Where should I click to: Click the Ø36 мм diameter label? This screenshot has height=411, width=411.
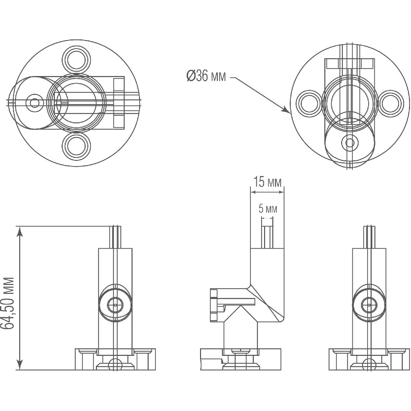click(206, 76)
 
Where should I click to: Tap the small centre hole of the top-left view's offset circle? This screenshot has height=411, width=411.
click(34, 103)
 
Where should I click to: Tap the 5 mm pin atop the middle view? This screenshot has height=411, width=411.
click(267, 236)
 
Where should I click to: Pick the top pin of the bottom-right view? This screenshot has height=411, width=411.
click(369, 236)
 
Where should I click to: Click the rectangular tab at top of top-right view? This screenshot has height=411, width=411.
click(349, 64)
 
